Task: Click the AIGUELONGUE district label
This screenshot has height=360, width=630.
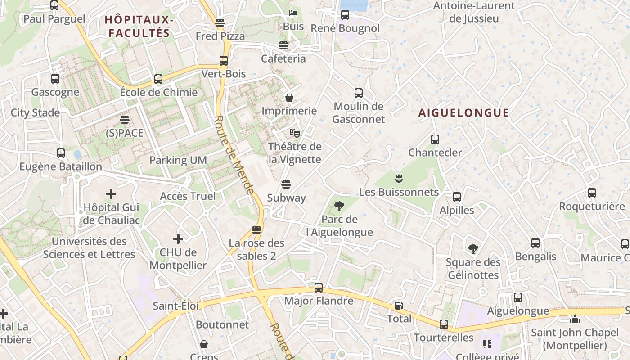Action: [463, 112]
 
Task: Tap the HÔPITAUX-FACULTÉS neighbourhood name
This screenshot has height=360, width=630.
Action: [139, 26]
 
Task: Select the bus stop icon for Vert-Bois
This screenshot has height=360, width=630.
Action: [224, 60]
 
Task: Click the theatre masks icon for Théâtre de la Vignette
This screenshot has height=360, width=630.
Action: [295, 133]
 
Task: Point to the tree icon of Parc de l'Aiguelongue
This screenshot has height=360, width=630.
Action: [339, 206]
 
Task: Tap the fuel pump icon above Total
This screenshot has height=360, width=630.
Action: [399, 306]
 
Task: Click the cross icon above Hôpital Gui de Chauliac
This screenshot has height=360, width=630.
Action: [111, 194]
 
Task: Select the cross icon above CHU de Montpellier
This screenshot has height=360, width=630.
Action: [178, 238]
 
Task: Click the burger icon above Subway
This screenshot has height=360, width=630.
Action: [286, 184]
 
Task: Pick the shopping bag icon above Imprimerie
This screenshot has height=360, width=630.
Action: [289, 97]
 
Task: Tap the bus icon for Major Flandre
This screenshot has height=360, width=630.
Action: [319, 287]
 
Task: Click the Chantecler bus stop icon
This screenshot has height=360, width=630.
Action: [435, 139]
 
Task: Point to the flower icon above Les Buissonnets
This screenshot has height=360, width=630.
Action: [398, 179]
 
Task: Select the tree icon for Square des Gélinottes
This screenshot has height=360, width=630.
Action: [472, 248]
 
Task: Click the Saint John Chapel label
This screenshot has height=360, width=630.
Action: [575, 339]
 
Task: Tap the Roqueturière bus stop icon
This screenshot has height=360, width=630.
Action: [591, 193]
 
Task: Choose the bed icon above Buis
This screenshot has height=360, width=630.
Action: [293, 13]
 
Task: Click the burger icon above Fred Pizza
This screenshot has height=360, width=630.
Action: [220, 22]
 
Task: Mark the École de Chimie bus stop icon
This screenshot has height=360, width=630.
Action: [158, 79]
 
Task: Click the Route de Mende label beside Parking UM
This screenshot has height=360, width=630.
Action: [234, 155]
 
